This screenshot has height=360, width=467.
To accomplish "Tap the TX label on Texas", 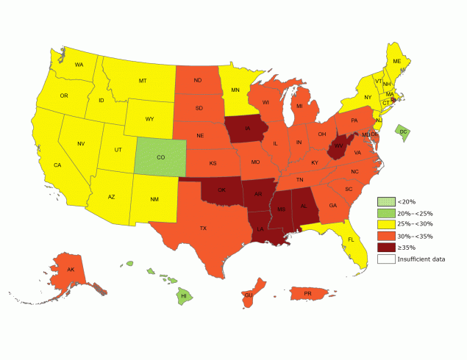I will tap(203, 228).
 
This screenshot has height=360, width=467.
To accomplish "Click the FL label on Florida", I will tap(351, 240).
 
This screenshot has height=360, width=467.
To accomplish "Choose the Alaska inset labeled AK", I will tap(71, 270).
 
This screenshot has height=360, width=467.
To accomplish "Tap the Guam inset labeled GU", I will tap(249, 295).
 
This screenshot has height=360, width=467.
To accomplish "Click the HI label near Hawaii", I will tap(184, 296).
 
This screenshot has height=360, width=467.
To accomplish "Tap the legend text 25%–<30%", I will tap(414, 224).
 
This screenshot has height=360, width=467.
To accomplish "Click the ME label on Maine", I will tap(396, 61).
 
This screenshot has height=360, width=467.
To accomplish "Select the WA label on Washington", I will tap(79, 65).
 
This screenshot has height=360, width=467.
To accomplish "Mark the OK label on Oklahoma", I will tap(221, 190).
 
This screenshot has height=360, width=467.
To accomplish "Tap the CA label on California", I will tap(57, 165).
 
